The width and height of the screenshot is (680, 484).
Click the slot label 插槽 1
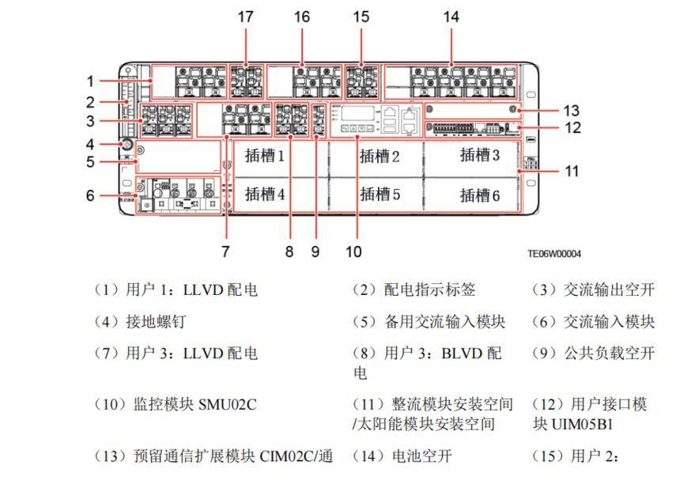coord(264,156)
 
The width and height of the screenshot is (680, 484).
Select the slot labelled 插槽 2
coord(380,156)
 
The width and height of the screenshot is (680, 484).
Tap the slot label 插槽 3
coord(480,155)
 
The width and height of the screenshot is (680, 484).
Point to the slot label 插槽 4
coord(264,194)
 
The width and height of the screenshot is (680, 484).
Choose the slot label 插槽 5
coord(380,194)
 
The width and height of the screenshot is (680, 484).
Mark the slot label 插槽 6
coord(480,195)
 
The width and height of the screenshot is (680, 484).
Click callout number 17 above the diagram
coord(246,17)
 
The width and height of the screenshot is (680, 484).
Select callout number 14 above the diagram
coord(451,17)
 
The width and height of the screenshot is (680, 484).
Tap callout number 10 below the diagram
coord(353,251)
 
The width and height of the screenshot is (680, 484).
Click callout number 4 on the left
coord(91,144)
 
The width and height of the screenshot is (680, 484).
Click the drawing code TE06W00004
coord(554,254)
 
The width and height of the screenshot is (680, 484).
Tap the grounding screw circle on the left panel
coord(124,145)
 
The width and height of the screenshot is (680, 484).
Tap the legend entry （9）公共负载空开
coord(593,353)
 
